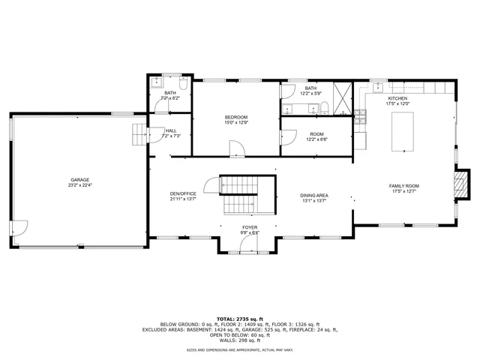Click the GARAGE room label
(80, 179)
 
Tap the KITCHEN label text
(397, 98)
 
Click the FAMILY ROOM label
(403, 185)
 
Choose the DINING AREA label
(315, 194)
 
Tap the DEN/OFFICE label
(182, 194)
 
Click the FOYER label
(250, 227)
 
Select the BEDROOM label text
(236, 117)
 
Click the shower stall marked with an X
(342, 98)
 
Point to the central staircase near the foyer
(239, 193)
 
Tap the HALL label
(170, 130)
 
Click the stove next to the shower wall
(360, 115)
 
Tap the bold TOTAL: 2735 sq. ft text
(240, 319)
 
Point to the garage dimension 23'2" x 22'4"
(80, 184)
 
